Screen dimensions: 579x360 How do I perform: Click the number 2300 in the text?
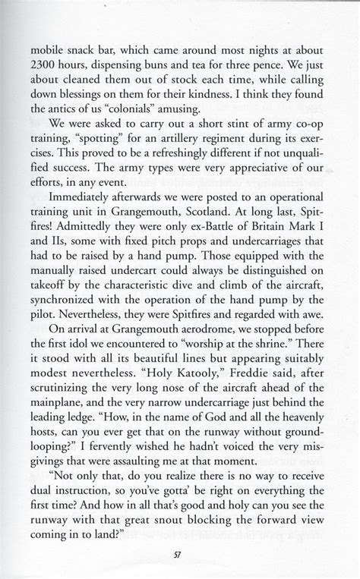coord(43,64)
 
